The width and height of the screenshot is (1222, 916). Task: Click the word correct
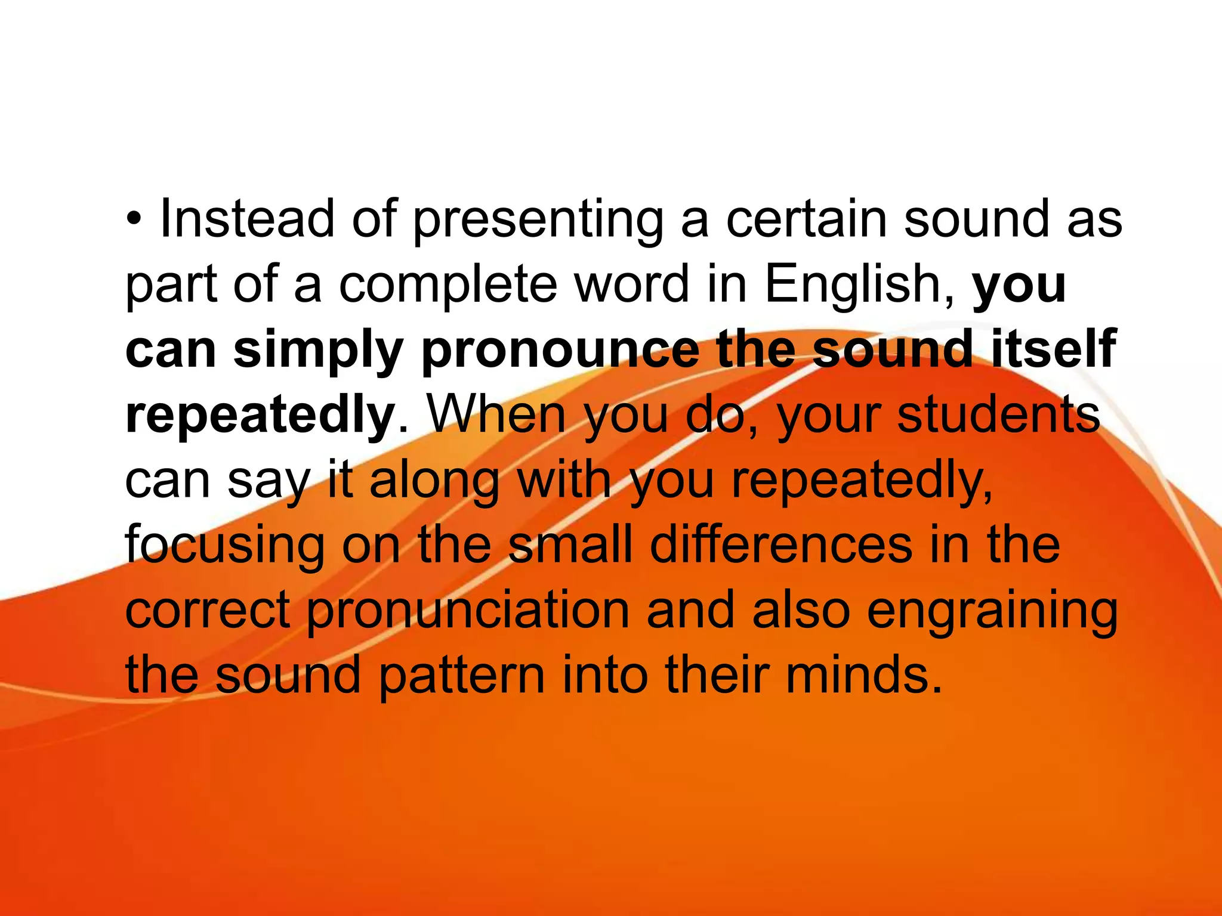[x=208, y=611]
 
